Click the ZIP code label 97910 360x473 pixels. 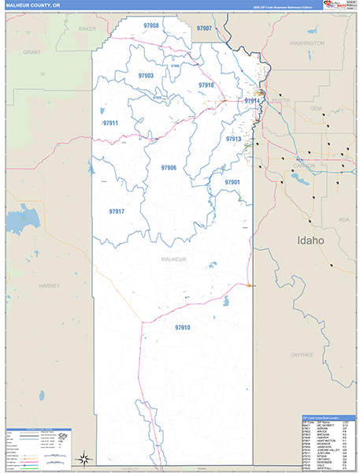pyautogui.click(x=183, y=327)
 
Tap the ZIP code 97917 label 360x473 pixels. pyautogui.click(x=117, y=212)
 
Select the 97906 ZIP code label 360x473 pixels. pyautogui.click(x=169, y=168)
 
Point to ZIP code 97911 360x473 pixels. pyautogui.click(x=110, y=124)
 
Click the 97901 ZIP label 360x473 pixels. pyautogui.click(x=232, y=182)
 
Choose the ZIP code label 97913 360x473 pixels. pyautogui.click(x=233, y=139)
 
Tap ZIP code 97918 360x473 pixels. pyautogui.click(x=206, y=85)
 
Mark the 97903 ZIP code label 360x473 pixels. pyautogui.click(x=146, y=76)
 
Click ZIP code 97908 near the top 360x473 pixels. pyautogui.click(x=151, y=26)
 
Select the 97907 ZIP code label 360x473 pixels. pyautogui.click(x=204, y=28)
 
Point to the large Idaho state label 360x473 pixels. pyautogui.click(x=310, y=240)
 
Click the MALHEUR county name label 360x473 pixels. pyautogui.click(x=173, y=259)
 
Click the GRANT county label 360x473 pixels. pyautogui.click(x=32, y=52)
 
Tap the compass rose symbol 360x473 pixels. pyautogui.click(x=83, y=457)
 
